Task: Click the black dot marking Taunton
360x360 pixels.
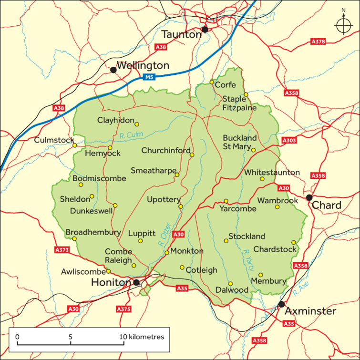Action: [x=205, y=29]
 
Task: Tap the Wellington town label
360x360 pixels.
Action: [x=143, y=65]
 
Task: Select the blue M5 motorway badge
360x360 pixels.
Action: [x=149, y=76]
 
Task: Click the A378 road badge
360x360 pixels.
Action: [x=318, y=42]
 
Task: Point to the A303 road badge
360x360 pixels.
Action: [x=289, y=141]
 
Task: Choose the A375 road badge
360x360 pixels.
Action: [x=123, y=309]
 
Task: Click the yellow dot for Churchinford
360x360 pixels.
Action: [x=192, y=154]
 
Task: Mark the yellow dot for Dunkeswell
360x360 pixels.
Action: [x=115, y=206]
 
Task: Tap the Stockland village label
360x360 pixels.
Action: [x=247, y=236]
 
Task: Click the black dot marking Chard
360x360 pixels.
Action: [x=309, y=197]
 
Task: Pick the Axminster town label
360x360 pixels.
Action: [x=310, y=311]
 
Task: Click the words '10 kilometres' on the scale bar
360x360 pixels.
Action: [x=142, y=337]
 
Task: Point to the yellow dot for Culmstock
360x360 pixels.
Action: [x=74, y=145]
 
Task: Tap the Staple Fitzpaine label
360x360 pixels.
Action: [x=240, y=103]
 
